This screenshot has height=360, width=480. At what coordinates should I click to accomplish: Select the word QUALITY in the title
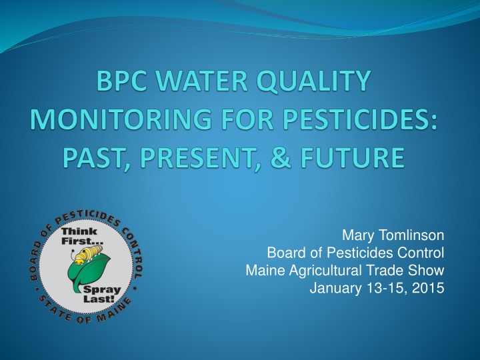314,81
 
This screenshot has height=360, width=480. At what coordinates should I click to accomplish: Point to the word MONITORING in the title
121,119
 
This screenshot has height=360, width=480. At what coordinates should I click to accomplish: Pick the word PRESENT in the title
197,157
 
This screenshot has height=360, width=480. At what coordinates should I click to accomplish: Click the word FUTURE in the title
352,157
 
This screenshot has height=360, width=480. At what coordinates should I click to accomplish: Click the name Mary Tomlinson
393,235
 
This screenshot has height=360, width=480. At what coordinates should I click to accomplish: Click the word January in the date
335,289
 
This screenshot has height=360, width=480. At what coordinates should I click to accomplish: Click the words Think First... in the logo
80,236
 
